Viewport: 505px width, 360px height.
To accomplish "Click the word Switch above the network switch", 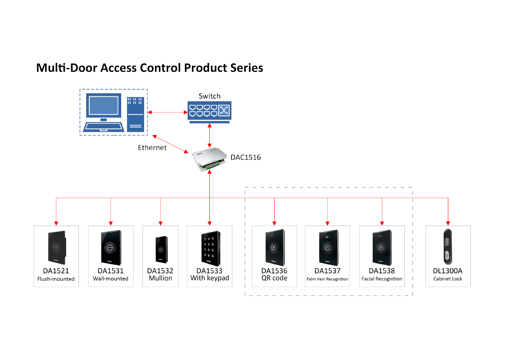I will [x=209, y=96].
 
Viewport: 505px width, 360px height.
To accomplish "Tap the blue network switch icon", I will [x=209, y=111].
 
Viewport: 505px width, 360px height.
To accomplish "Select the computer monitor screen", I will [x=103, y=105].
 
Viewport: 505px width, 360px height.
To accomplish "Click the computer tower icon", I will [x=136, y=114].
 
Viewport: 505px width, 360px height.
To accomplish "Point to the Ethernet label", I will [x=152, y=148].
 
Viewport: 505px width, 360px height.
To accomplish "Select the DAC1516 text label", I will [x=246, y=157].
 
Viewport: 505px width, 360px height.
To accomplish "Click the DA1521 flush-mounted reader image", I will [x=57, y=247].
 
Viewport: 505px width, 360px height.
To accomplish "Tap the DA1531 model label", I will [x=111, y=271].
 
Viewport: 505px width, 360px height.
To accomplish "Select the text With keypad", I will [x=210, y=278].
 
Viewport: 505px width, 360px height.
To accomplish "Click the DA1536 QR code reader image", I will [x=275, y=247].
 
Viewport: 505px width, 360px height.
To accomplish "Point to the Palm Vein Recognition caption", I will [x=327, y=279].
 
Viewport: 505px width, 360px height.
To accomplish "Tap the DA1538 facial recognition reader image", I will [x=382, y=247].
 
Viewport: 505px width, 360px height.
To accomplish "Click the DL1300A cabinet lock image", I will [x=448, y=247].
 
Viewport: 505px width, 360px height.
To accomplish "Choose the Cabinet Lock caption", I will [x=448, y=279].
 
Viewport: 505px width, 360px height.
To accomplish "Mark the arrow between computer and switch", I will [x=167, y=112].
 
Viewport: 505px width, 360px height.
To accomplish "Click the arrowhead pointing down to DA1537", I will [x=327, y=223].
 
